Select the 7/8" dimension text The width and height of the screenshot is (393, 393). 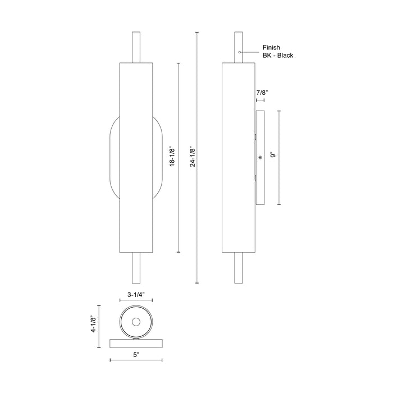[x=262, y=92]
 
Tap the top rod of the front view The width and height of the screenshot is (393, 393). [x=136, y=48]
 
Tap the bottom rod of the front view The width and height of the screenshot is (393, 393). [x=136, y=268]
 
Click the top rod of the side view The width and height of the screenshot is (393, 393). [x=238, y=48]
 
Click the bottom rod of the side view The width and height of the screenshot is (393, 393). [x=238, y=268]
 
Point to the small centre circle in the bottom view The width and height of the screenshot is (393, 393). [x=136, y=322]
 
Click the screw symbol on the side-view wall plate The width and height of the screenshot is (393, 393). [x=260, y=158]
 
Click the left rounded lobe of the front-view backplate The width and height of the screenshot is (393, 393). [x=114, y=157]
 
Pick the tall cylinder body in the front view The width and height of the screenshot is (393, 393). [x=136, y=158]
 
